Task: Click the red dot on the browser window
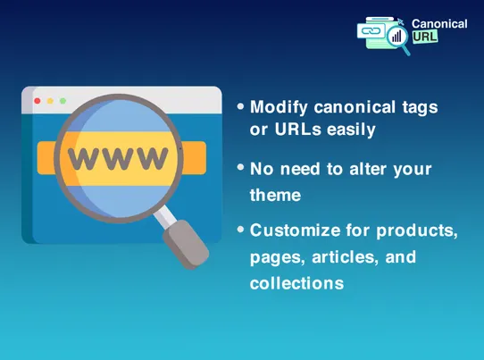37,101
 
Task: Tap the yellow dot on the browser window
49,101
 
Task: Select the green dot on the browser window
62,101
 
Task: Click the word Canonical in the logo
439,23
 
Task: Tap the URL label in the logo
423,38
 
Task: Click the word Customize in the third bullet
291,230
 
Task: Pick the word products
419,230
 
